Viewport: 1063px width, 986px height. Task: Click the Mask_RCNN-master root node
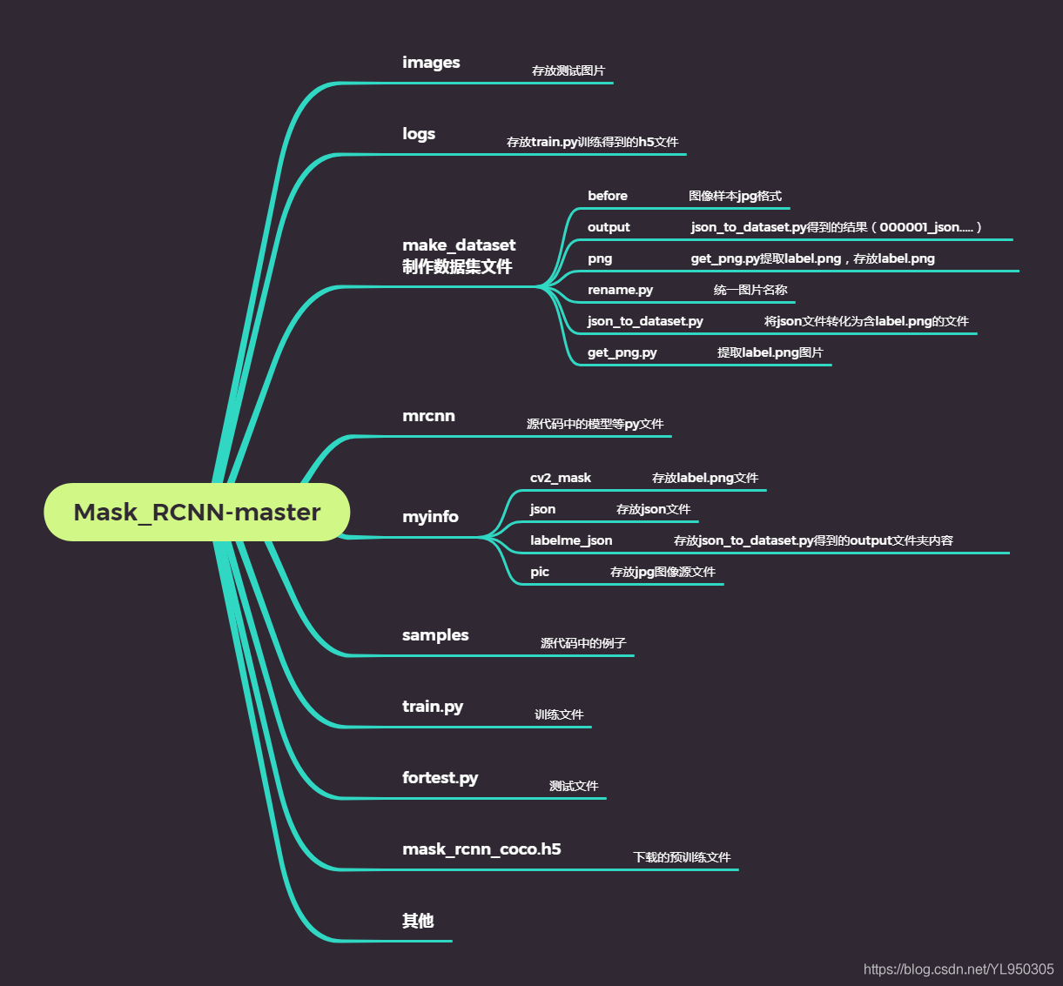pos(197,512)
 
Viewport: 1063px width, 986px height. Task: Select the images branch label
pos(431,63)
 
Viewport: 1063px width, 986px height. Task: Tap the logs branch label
pos(419,134)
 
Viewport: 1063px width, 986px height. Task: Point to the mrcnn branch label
pos(428,416)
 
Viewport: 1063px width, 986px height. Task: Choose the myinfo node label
pos(430,517)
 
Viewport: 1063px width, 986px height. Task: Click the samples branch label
pos(435,635)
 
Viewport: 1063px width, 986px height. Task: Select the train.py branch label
pos(433,707)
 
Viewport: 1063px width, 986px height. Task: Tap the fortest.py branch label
pos(440,778)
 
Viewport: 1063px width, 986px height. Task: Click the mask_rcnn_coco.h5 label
pos(481,849)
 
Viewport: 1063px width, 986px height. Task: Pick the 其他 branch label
pos(418,921)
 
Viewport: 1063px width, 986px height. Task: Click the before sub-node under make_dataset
pos(608,196)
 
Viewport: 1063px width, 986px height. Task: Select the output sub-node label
pos(609,227)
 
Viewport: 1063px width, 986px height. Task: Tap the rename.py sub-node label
pos(620,290)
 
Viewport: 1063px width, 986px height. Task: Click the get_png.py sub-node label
pos(622,352)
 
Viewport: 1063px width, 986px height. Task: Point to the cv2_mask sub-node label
pos(561,478)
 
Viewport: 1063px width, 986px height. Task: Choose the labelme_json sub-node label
pos(571,540)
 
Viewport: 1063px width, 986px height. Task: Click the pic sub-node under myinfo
pos(540,572)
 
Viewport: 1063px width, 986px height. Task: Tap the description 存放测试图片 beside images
pos(569,70)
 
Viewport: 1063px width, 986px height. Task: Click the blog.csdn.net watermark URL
pos(959,969)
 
